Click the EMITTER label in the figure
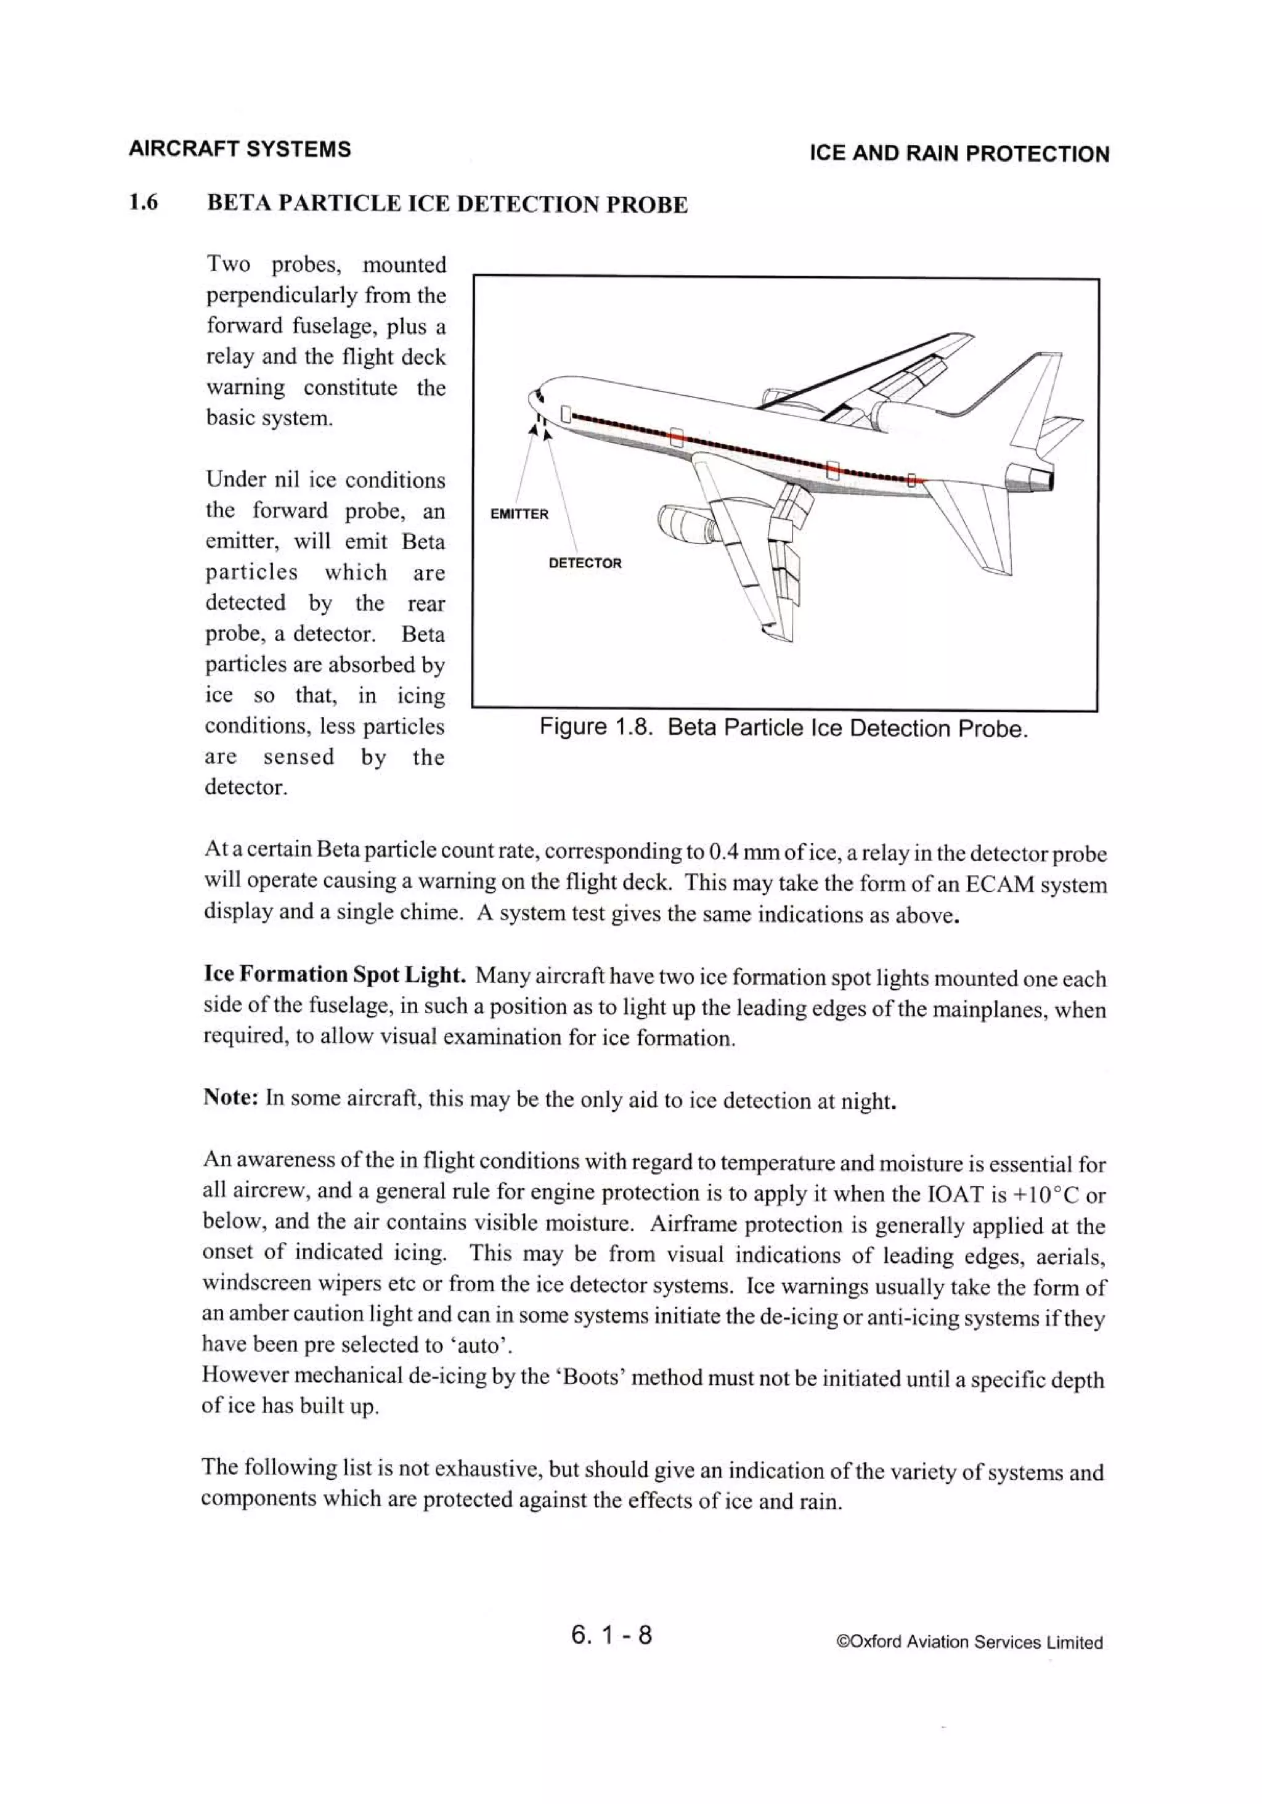(x=519, y=514)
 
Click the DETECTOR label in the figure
(x=585, y=563)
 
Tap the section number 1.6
(x=144, y=203)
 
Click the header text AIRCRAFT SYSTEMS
(x=240, y=149)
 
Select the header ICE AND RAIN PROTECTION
(x=959, y=154)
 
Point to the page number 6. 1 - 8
(x=611, y=1635)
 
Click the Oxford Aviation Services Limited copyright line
(x=970, y=1642)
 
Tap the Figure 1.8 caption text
(x=783, y=729)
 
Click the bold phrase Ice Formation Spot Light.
(x=335, y=975)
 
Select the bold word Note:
(x=231, y=1097)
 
